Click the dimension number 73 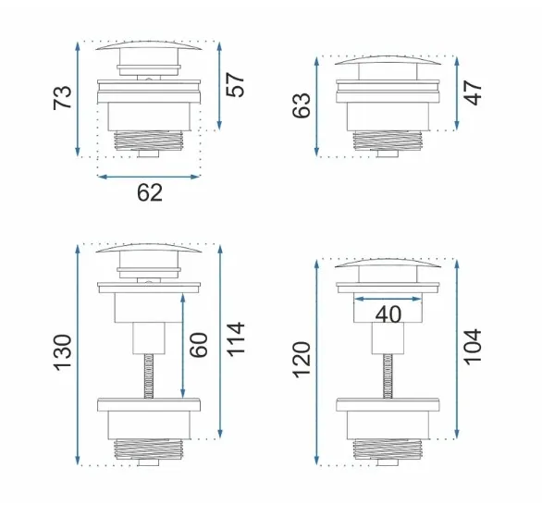click(x=62, y=98)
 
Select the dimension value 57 click(x=236, y=85)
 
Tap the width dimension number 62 click(x=150, y=193)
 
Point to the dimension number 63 click(x=302, y=105)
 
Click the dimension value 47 click(x=473, y=92)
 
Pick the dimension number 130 click(x=62, y=353)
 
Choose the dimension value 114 click(x=236, y=338)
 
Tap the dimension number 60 click(x=199, y=345)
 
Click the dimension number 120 click(x=302, y=360)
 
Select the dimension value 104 click(x=473, y=347)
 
